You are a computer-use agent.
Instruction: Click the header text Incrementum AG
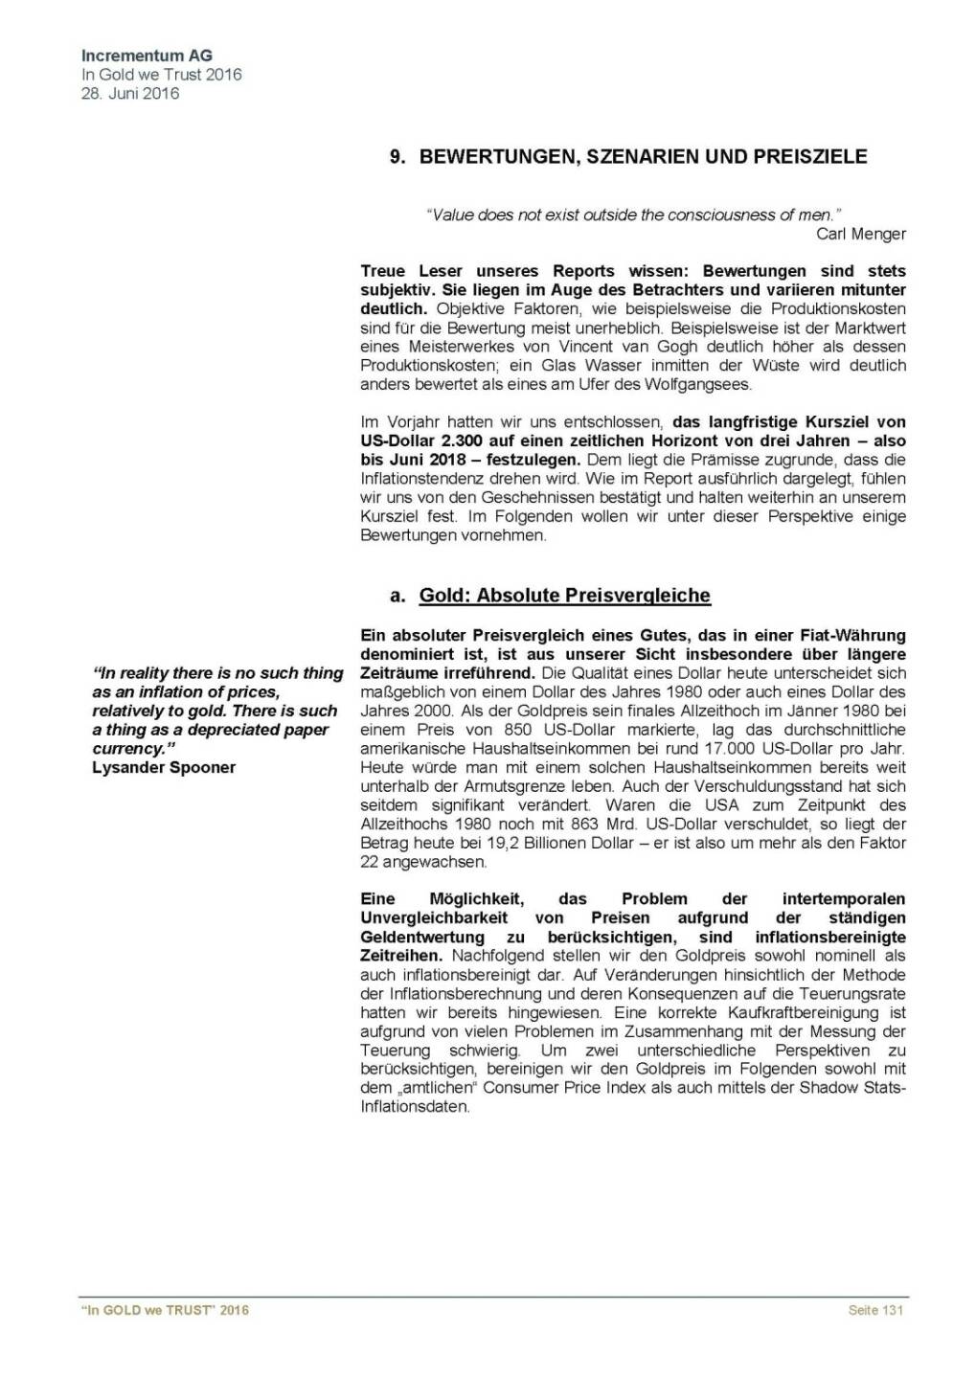147,56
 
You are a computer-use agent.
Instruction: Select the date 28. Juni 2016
130,93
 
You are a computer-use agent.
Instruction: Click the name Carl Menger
860,234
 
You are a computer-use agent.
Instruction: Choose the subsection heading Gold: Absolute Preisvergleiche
564,596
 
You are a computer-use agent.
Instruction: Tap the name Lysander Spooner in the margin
164,767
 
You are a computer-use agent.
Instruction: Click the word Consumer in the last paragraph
521,1087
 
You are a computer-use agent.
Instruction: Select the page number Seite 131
874,1310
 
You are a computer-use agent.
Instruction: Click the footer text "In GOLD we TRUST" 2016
165,1310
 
